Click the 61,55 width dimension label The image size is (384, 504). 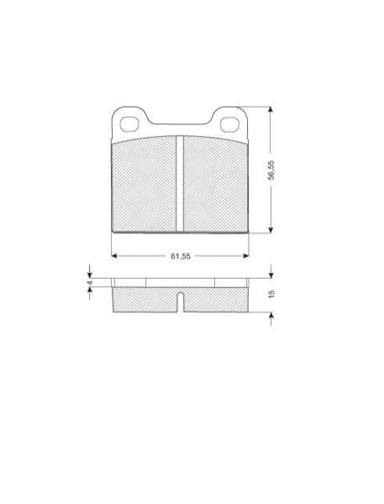click(181, 256)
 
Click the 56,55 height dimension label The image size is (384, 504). click(271, 170)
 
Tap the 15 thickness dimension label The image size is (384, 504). click(271, 294)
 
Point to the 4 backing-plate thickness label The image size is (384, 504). click(90, 282)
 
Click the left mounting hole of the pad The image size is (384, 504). click(129, 124)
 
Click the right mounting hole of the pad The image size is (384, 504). click(229, 124)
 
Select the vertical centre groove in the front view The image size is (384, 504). click(180, 183)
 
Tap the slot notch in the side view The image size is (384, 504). click(181, 302)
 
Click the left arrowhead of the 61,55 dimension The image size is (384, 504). click(113, 256)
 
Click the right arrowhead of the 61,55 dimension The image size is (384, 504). click(246, 256)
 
